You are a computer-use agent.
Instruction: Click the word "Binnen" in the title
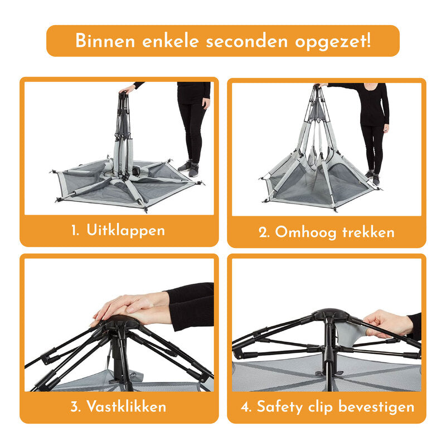pos(103,41)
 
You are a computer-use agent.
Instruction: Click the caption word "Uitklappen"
pos(126,230)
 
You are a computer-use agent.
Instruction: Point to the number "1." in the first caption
pos(77,230)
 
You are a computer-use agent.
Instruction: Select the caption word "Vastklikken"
pos(126,406)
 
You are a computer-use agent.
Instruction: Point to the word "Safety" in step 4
pos(281,406)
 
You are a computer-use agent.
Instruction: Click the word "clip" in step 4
pos(326,406)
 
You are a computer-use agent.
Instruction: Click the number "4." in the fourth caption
pos(246,406)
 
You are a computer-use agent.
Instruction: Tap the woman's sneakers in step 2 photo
pos(372,177)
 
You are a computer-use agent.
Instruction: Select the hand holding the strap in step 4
pos(387,323)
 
